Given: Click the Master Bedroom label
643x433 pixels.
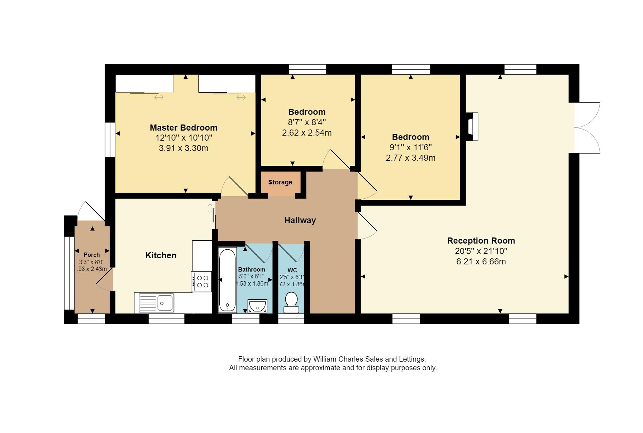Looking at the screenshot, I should (x=183, y=128).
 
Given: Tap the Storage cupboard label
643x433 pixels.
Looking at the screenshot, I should (x=280, y=182).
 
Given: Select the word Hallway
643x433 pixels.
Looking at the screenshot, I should (x=300, y=220).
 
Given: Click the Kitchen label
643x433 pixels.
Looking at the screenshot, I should (x=161, y=255).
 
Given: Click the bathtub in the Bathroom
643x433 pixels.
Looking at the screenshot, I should (x=227, y=280).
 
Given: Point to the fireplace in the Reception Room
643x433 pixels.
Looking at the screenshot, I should (x=472, y=127).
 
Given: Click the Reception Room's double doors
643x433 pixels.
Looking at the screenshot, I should (x=587, y=127).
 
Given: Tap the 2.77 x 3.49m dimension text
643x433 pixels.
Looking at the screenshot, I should (x=410, y=158).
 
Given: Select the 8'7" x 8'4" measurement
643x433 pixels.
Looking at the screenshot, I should (x=307, y=122).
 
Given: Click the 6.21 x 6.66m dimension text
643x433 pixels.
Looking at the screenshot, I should (x=481, y=262).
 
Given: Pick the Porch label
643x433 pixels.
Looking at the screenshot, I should (x=92, y=255).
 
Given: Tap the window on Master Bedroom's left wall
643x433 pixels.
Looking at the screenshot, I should (x=110, y=140).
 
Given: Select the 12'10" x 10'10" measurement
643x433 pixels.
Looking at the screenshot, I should (x=184, y=138).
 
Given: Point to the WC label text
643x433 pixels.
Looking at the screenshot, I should (x=292, y=270).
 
